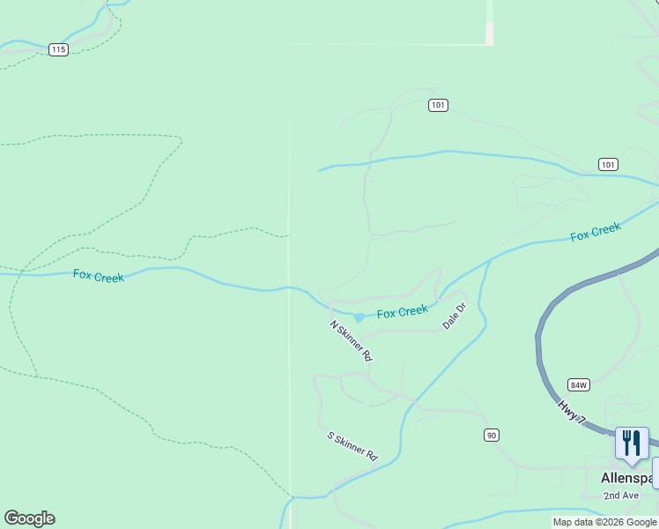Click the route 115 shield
[58, 49]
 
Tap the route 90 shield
[492, 435]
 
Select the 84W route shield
[579, 385]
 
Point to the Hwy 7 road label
[571, 414]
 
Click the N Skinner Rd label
[352, 341]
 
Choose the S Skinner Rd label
[352, 447]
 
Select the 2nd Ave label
[620, 495]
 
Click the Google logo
[29, 518]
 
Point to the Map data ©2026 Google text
[604, 522]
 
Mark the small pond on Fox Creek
[359, 317]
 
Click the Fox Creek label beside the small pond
[403, 312]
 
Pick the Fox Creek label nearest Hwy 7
[596, 232]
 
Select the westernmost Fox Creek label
[99, 276]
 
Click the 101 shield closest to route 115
[439, 105]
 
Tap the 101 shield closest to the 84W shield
[608, 164]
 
